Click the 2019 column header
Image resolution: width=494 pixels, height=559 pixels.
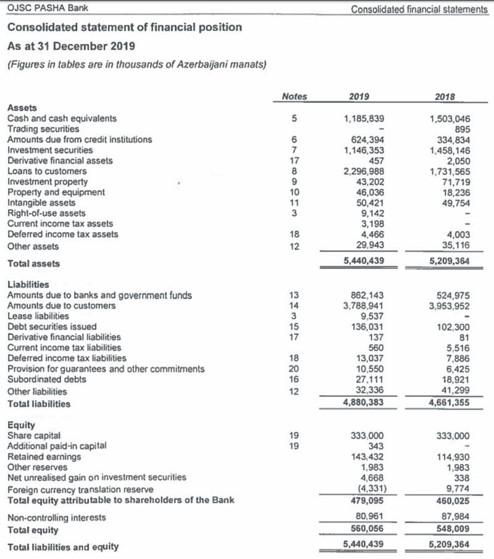coord(359,96)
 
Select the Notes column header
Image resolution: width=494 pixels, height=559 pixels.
coord(294,96)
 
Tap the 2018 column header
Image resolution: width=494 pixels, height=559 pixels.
coord(446,96)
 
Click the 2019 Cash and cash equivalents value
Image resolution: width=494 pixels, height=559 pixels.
coord(364,118)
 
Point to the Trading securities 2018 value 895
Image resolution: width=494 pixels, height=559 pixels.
coord(462,129)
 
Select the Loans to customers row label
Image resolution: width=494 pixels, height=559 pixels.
coord(47,171)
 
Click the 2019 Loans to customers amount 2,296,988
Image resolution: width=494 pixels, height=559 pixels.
coord(364,171)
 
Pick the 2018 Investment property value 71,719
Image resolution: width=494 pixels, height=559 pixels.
coord(456,181)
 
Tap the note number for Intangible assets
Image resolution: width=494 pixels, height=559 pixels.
coord(295,202)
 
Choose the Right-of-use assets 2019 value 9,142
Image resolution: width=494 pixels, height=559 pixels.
coord(371,213)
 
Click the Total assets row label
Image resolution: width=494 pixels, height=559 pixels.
coord(33,263)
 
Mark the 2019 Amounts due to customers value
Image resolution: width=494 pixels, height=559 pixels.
coord(364,305)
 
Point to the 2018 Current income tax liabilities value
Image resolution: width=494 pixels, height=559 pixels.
coord(459,347)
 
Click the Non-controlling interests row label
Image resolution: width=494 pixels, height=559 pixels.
coord(56,518)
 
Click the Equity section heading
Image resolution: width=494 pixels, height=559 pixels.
coord(21,425)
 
